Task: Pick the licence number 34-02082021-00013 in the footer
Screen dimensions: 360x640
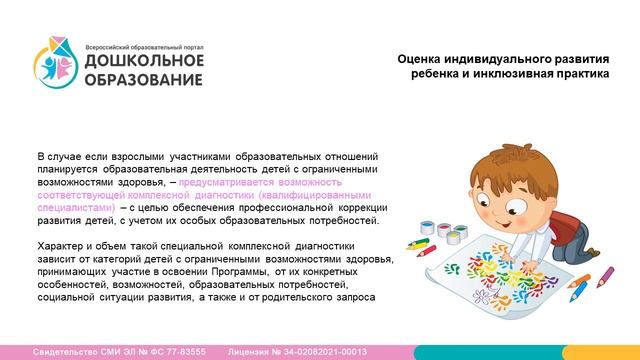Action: tap(320, 352)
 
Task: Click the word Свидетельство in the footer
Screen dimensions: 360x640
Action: tap(69, 352)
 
